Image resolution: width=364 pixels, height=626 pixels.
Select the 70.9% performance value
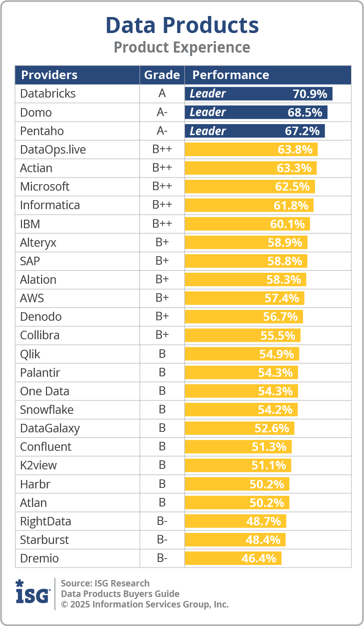tap(309, 94)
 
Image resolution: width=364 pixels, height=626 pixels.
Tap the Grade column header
tap(162, 75)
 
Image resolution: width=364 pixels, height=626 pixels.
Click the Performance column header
tap(230, 75)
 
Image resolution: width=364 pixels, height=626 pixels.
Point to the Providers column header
tap(49, 75)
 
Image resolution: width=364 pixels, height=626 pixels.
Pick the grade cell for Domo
tap(162, 112)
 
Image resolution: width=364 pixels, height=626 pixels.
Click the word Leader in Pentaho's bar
tap(207, 131)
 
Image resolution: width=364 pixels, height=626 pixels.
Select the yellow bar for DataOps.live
tap(251, 150)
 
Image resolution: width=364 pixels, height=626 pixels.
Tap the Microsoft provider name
tap(44, 187)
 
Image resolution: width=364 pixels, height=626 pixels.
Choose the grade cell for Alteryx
tap(162, 243)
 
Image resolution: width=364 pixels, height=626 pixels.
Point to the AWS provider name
tap(32, 298)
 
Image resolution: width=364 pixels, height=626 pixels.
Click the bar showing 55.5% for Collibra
tap(242, 335)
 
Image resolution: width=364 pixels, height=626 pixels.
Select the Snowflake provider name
tap(46, 410)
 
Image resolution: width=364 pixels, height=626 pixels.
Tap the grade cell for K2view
tap(162, 465)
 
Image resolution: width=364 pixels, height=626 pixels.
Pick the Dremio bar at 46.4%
tap(233, 558)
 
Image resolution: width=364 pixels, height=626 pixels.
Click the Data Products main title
tap(182, 25)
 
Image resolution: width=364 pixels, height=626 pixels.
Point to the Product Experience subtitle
tap(182, 47)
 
